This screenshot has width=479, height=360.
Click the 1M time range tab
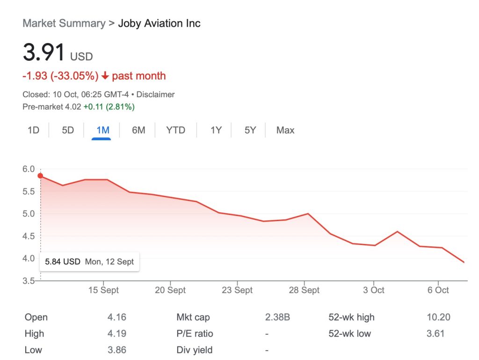click(x=102, y=130)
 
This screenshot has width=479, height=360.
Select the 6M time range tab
click(x=138, y=130)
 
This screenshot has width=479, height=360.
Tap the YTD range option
click(x=175, y=130)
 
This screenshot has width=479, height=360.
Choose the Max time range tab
click(x=285, y=130)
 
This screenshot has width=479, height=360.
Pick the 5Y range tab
click(x=250, y=130)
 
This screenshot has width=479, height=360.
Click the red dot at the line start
click(x=40, y=176)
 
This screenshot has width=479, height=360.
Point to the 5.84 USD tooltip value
click(x=63, y=262)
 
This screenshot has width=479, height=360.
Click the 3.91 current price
click(x=44, y=52)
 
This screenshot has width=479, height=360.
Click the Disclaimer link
click(x=155, y=94)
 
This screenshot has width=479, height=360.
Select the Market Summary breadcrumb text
click(x=64, y=23)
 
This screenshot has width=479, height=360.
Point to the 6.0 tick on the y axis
click(x=29, y=169)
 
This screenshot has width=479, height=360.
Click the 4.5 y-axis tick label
click(x=29, y=236)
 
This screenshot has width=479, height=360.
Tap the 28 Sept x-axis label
click(x=304, y=290)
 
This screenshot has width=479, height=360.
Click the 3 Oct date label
click(x=374, y=290)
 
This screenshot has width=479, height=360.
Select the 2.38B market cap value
click(x=277, y=317)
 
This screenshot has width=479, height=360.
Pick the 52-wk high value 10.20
click(x=438, y=317)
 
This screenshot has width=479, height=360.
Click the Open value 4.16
click(x=116, y=317)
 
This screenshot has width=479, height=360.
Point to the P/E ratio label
click(x=195, y=334)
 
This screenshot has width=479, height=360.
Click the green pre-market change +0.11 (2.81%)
click(x=109, y=107)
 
